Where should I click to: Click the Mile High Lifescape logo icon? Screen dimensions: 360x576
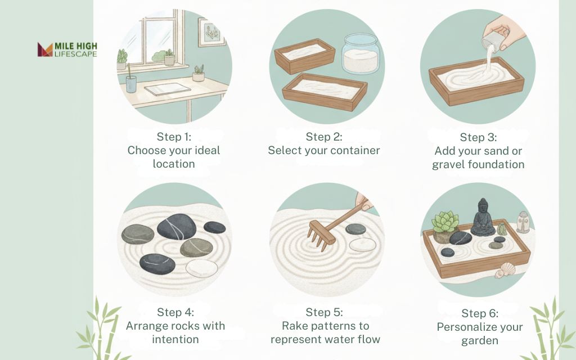pos(45,49)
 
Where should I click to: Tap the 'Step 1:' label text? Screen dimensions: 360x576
pos(173,137)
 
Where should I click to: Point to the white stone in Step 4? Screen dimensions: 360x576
pos(201,268)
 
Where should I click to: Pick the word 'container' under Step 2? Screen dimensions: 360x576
pos(352,150)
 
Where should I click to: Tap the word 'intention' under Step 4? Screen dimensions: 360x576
pos(175,339)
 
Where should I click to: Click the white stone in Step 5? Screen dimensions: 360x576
pos(362,245)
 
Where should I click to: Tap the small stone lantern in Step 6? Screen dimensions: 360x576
pos(523,222)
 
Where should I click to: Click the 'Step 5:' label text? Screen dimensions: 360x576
pos(324,312)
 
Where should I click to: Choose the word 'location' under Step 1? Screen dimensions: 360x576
pos(173,164)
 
